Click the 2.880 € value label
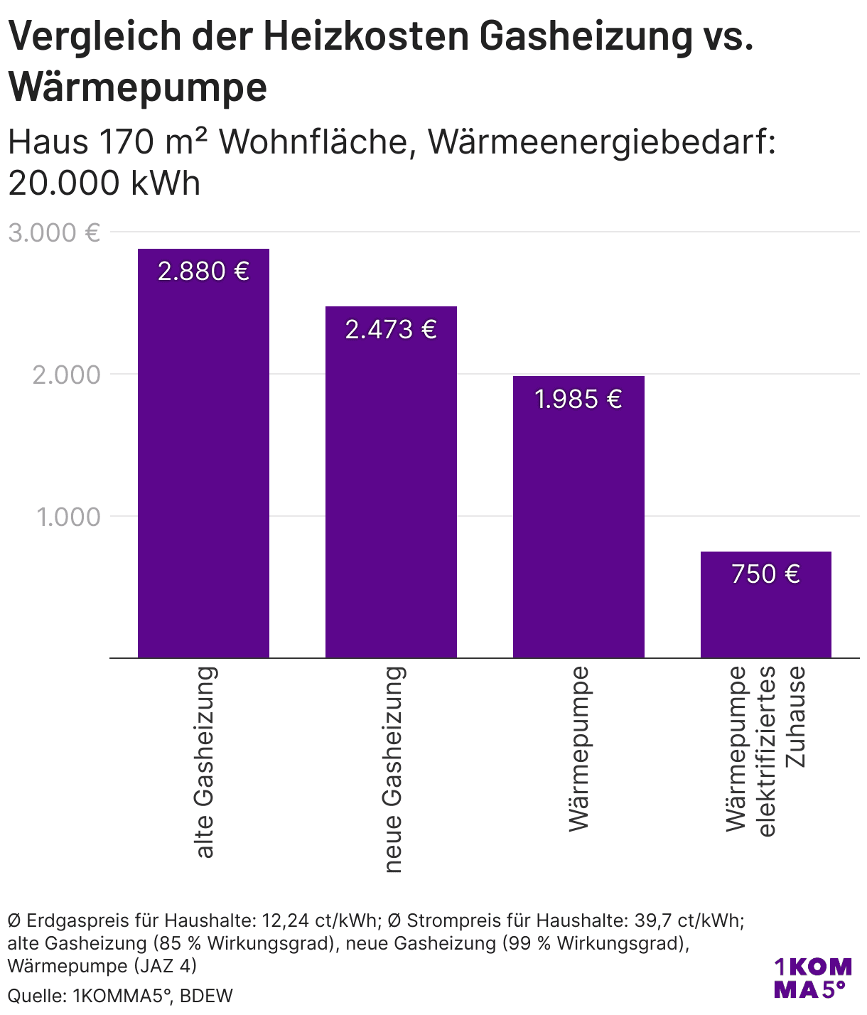(203, 272)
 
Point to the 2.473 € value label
(391, 330)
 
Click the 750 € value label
(766, 574)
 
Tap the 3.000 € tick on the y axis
(54, 233)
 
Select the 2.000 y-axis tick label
(67, 375)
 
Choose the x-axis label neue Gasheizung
(392, 769)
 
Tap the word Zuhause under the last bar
(796, 716)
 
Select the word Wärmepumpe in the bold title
(138, 87)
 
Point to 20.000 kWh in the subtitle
(104, 183)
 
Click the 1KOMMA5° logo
(812, 978)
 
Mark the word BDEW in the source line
(206, 996)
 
